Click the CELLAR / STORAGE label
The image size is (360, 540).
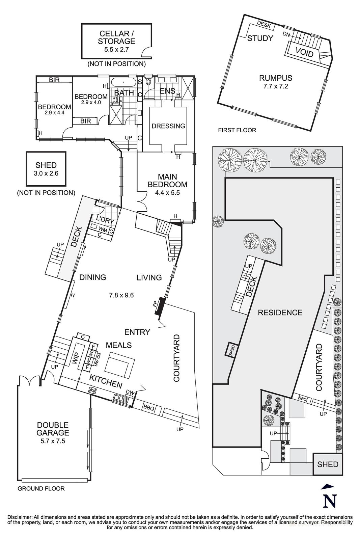tap(116, 37)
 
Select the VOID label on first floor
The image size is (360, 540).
tap(304, 52)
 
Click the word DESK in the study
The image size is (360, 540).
tap(264, 23)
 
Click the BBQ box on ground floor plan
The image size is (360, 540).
tap(148, 408)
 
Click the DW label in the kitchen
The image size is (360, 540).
tap(130, 392)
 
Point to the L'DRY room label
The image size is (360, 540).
tap(105, 220)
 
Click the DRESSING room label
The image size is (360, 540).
tap(168, 126)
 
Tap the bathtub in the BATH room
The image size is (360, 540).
tap(124, 82)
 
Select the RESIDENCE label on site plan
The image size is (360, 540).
tap(280, 313)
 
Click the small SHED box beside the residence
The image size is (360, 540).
tap(232, 350)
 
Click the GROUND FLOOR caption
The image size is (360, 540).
tap(41, 488)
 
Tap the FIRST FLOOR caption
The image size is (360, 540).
tap(237, 130)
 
